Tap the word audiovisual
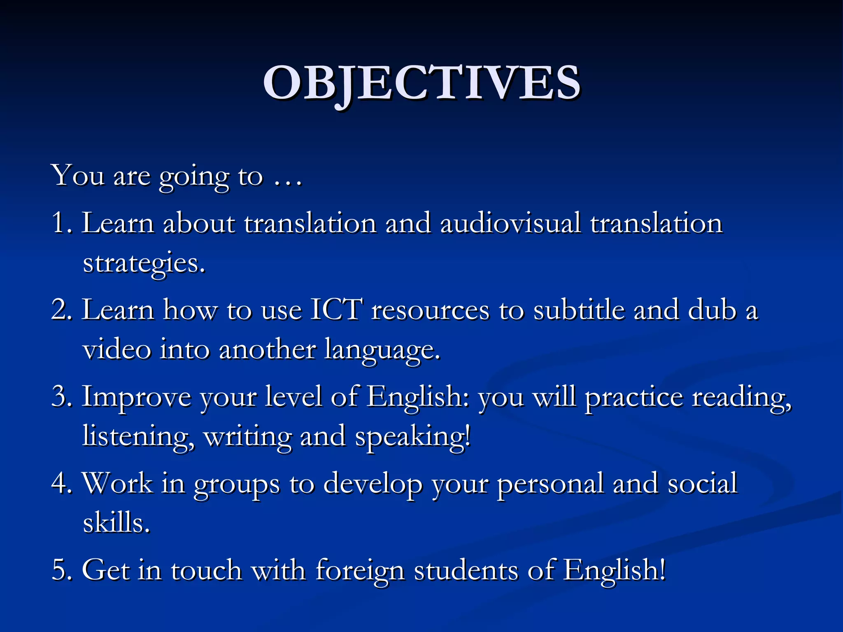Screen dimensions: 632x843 tap(510, 223)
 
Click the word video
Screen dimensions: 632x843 tap(117, 349)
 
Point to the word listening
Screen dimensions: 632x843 tap(138, 437)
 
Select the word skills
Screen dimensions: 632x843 tap(116, 523)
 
